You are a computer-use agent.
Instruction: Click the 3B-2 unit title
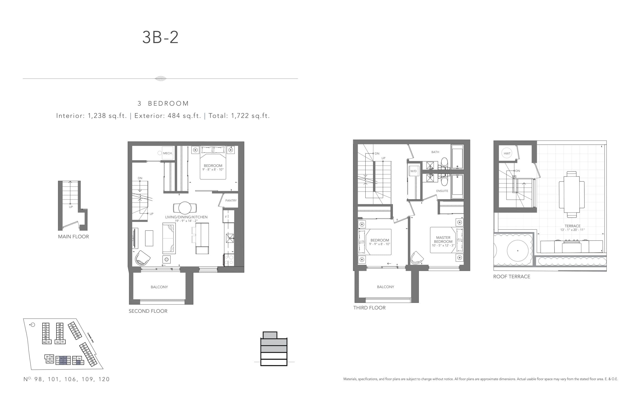(160, 37)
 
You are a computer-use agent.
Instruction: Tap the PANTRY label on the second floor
(231, 200)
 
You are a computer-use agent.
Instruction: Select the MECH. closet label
(168, 153)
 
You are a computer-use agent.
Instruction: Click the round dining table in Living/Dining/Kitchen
(185, 208)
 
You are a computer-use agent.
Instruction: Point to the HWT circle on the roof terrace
(507, 153)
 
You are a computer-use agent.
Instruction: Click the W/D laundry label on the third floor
(413, 171)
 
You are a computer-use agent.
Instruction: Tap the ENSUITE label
(442, 191)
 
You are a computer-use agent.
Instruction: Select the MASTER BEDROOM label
(443, 240)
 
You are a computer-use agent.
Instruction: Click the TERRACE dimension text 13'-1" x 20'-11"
(572, 230)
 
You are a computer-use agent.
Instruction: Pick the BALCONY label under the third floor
(385, 287)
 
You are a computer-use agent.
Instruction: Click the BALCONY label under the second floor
(159, 287)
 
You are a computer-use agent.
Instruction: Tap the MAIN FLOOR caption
(73, 237)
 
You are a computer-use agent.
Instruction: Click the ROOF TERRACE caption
(512, 277)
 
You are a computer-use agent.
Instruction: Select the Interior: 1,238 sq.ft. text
(91, 116)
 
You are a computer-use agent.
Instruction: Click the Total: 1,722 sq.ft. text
(239, 116)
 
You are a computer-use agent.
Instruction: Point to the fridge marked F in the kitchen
(228, 217)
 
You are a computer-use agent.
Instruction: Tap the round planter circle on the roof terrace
(517, 250)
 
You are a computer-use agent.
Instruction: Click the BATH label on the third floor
(435, 152)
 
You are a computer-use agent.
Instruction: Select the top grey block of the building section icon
(270, 335)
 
